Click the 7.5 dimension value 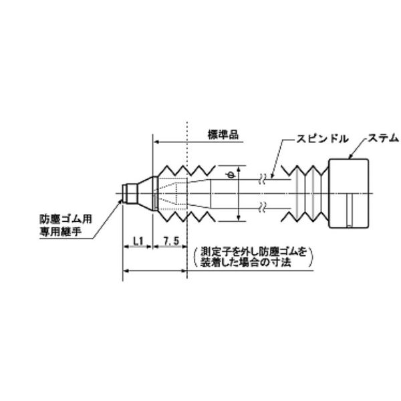[169, 239]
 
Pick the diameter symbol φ [231, 175]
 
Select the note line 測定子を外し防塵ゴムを [253, 252]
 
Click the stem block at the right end [349, 192]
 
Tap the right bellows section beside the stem [309, 192]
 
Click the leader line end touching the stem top [350, 158]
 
